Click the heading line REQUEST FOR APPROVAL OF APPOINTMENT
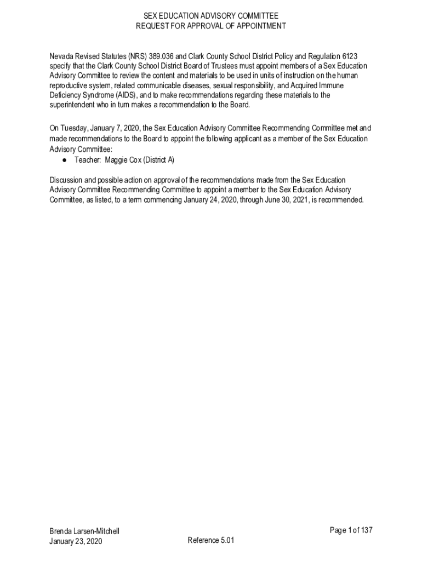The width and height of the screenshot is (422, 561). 211,26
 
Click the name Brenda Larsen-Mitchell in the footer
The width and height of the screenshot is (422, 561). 84,531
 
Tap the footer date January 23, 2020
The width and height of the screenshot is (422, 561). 76,541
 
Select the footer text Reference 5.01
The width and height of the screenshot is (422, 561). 211,540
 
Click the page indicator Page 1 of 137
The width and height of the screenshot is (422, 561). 351,530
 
